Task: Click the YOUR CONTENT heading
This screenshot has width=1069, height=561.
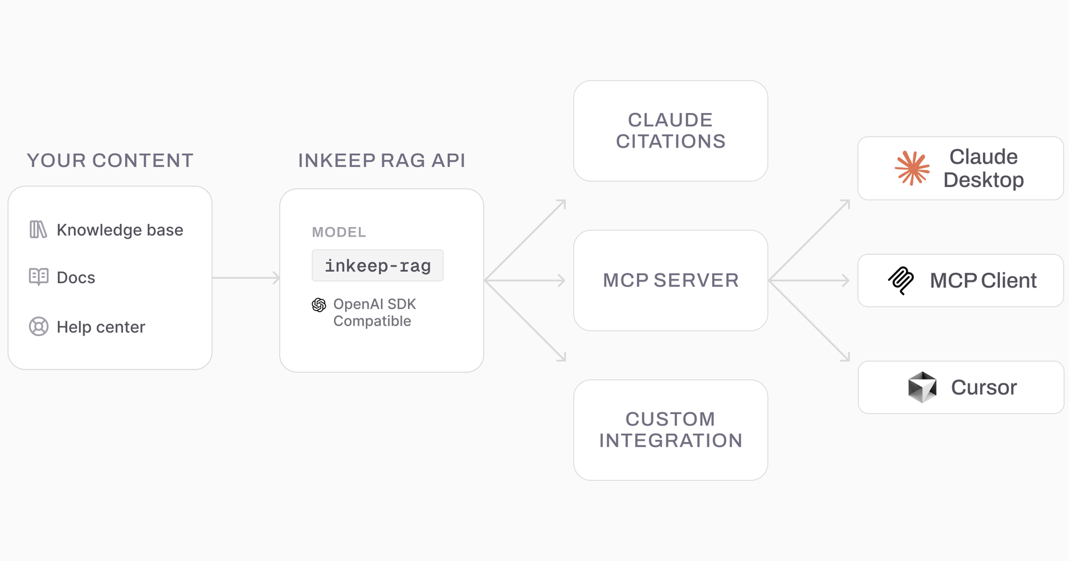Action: (x=110, y=160)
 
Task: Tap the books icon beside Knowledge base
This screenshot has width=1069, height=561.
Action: (x=38, y=229)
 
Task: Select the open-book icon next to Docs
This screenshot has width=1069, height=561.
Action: (x=38, y=277)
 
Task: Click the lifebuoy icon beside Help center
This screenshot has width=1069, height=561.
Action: (x=38, y=326)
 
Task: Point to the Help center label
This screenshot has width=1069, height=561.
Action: (x=101, y=327)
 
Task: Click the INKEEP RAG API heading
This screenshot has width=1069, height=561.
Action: (x=381, y=160)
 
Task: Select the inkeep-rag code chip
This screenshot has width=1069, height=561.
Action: (x=377, y=265)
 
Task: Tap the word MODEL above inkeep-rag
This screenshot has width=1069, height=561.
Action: (x=339, y=232)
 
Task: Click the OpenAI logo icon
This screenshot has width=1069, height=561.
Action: (x=319, y=304)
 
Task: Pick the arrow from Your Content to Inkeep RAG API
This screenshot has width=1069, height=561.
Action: (x=246, y=277)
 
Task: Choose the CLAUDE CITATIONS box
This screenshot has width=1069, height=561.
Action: (x=670, y=131)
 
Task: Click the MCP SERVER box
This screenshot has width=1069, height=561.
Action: (x=670, y=280)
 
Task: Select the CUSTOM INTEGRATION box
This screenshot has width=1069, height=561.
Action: (x=670, y=430)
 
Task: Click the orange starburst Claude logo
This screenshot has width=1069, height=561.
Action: (x=912, y=168)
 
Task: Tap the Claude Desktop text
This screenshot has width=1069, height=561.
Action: (x=983, y=168)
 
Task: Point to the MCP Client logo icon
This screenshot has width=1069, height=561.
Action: (x=901, y=280)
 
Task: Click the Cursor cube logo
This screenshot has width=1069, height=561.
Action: (x=922, y=387)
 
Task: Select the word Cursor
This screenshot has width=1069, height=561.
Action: (x=983, y=387)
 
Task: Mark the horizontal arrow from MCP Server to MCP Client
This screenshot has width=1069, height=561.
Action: (x=810, y=280)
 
